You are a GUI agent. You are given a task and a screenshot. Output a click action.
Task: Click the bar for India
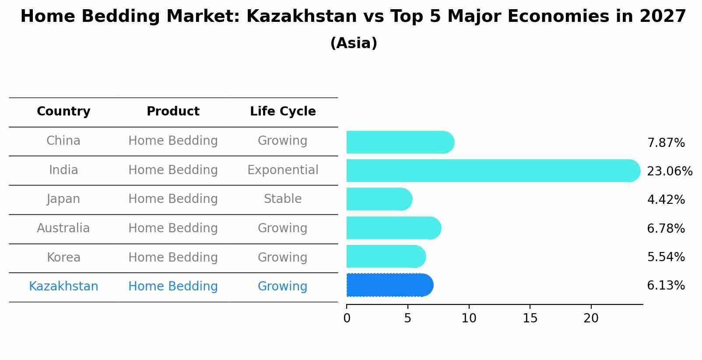[493, 171]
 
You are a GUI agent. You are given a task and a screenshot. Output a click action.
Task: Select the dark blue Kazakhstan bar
[390, 285]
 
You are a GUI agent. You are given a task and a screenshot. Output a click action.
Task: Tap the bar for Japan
[379, 199]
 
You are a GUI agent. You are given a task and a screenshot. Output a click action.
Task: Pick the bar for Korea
[386, 256]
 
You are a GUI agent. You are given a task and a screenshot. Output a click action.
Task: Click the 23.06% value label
[669, 171]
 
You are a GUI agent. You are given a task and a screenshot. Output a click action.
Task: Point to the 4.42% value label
[666, 200]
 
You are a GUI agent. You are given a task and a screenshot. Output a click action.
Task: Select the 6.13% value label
[666, 286]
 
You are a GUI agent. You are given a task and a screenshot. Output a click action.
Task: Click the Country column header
[63, 112]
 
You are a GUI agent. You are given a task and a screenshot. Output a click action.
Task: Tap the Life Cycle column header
[283, 112]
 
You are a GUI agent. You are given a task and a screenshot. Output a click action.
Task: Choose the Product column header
[173, 112]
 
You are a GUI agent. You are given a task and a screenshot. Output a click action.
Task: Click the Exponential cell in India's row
[283, 170]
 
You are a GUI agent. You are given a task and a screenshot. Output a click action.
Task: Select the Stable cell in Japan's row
[283, 199]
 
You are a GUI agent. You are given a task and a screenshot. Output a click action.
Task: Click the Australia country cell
[63, 228]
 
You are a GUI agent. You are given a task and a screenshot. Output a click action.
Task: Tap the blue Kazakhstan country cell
[63, 287]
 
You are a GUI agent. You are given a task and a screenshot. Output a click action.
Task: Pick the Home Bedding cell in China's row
[173, 141]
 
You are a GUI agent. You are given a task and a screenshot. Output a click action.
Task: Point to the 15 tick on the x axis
[530, 318]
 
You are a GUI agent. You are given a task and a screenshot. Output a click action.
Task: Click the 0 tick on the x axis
[347, 318]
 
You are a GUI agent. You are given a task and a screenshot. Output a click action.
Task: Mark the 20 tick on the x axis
[591, 318]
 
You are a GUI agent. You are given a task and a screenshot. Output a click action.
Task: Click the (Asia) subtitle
[354, 43]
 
